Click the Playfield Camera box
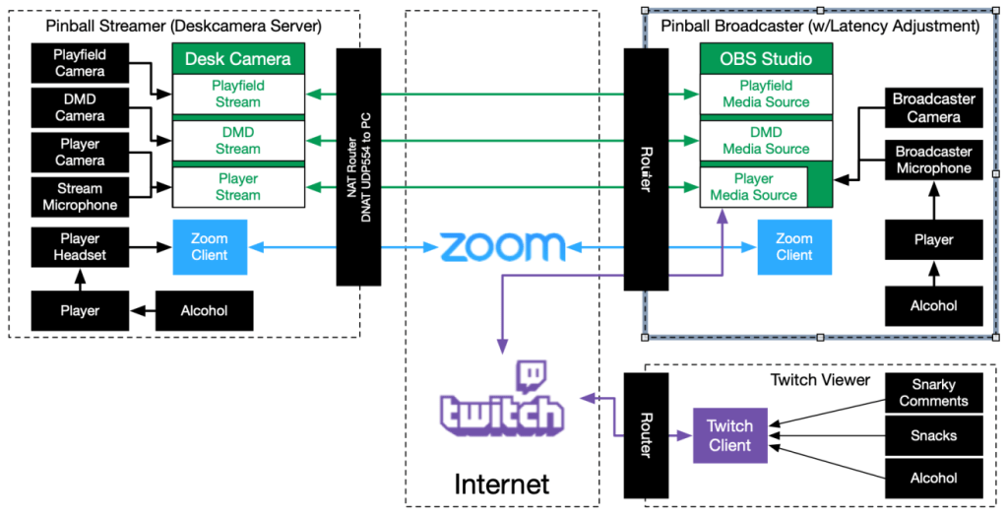coord(80,63)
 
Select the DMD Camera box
coord(80,107)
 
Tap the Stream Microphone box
coord(80,197)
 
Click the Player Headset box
coord(80,246)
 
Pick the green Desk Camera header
coord(238,59)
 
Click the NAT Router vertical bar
coord(358,167)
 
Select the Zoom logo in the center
coord(503,246)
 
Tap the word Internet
coord(501,483)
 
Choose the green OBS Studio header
coord(767,59)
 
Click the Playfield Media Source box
coord(767,95)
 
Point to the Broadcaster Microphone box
coord(934,160)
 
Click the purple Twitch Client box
coord(729,435)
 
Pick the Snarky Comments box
coord(933,393)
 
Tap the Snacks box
coord(933,435)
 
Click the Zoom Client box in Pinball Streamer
coord(209,247)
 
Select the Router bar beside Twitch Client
coord(646,434)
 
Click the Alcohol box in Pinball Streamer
coord(204,310)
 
